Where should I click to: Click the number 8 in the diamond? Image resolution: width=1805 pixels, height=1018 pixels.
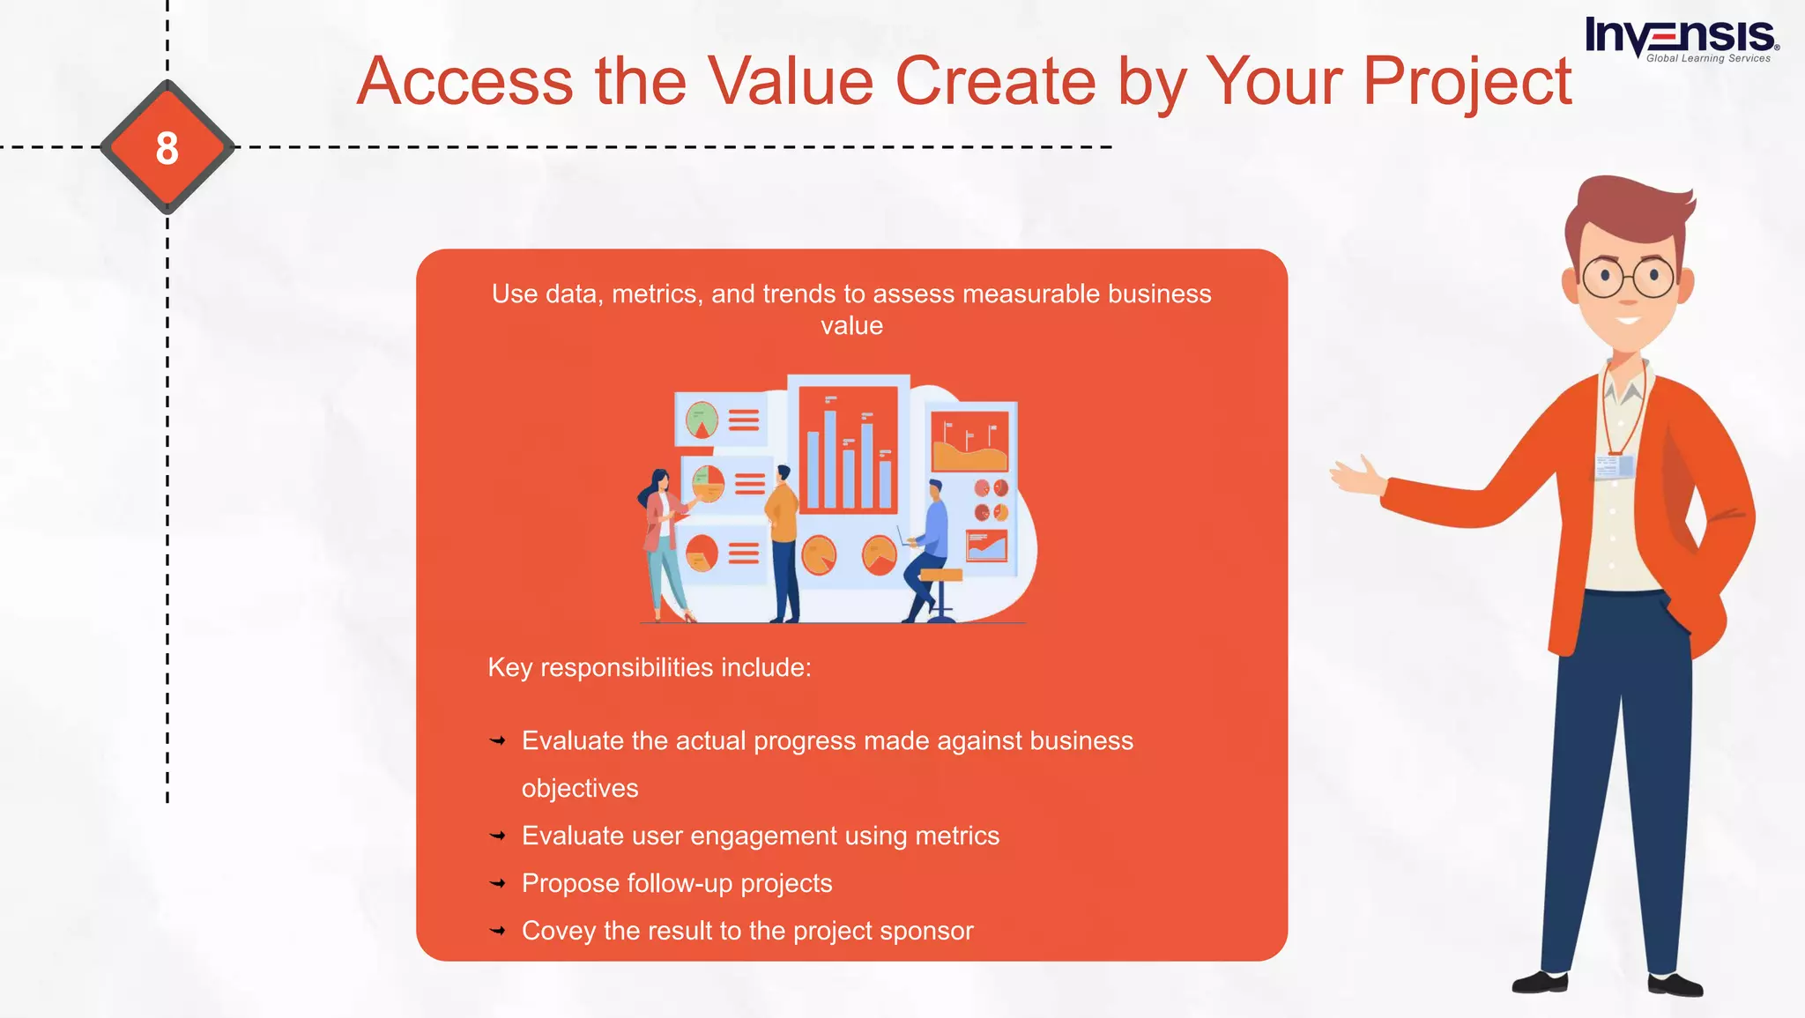click(x=167, y=147)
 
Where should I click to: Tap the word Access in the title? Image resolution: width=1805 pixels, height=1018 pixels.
click(x=465, y=81)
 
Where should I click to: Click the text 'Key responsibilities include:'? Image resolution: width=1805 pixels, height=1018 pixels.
click(x=649, y=667)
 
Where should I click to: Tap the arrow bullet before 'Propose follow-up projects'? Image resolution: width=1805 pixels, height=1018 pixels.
click(x=498, y=883)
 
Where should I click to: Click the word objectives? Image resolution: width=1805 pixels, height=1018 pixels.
click(x=579, y=788)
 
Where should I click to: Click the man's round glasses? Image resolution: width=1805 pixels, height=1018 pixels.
click(x=1628, y=278)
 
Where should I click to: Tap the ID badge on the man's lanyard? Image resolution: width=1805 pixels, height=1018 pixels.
click(x=1615, y=465)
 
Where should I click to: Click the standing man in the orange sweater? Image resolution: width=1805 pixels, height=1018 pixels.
click(x=783, y=542)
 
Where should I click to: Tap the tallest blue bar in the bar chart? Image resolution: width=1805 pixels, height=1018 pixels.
click(x=829, y=458)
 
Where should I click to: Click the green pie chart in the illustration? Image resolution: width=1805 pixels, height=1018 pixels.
click(x=702, y=420)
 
